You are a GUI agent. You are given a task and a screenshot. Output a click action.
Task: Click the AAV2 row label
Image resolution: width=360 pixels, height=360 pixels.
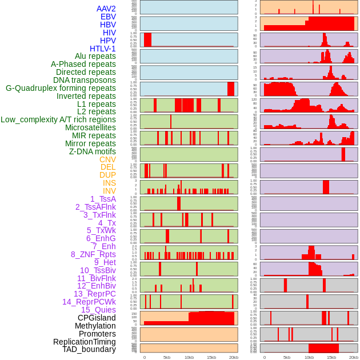(x=106, y=9)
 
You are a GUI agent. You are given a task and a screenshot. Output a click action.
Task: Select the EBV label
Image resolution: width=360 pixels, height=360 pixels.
(x=108, y=17)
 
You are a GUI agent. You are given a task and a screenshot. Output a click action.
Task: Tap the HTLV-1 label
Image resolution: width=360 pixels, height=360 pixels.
(x=102, y=49)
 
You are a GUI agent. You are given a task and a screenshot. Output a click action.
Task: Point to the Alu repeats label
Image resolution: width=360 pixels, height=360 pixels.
(x=95, y=56)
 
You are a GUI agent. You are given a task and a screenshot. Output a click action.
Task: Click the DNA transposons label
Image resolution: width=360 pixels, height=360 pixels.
(x=85, y=80)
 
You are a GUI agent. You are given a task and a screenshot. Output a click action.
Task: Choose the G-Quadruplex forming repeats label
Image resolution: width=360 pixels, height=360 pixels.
(x=61, y=88)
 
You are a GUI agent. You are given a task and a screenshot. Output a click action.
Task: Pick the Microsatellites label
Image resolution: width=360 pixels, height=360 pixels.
(x=90, y=127)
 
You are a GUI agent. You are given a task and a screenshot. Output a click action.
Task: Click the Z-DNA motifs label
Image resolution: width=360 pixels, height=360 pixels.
(x=92, y=151)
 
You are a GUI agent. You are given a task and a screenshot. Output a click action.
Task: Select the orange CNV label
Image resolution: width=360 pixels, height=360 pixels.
(x=107, y=159)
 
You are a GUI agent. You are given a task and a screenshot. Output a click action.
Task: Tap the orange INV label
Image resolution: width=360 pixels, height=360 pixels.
(x=109, y=191)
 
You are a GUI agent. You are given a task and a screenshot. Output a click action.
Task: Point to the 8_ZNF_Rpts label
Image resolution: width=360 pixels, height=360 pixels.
(x=93, y=254)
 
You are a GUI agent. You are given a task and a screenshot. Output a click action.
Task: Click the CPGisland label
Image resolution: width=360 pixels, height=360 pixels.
(x=97, y=318)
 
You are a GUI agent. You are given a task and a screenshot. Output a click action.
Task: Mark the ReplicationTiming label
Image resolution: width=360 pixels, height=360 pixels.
(x=84, y=342)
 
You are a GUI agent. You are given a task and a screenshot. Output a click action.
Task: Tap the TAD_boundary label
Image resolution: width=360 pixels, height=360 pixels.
(x=89, y=349)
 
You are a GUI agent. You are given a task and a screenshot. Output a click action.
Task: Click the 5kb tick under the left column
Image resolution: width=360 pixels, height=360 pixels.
(x=167, y=357)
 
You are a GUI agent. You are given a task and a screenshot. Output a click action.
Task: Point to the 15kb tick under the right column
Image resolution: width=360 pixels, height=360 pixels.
(x=331, y=357)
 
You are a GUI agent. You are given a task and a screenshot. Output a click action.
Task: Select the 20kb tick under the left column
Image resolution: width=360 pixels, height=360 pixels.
(x=233, y=357)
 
